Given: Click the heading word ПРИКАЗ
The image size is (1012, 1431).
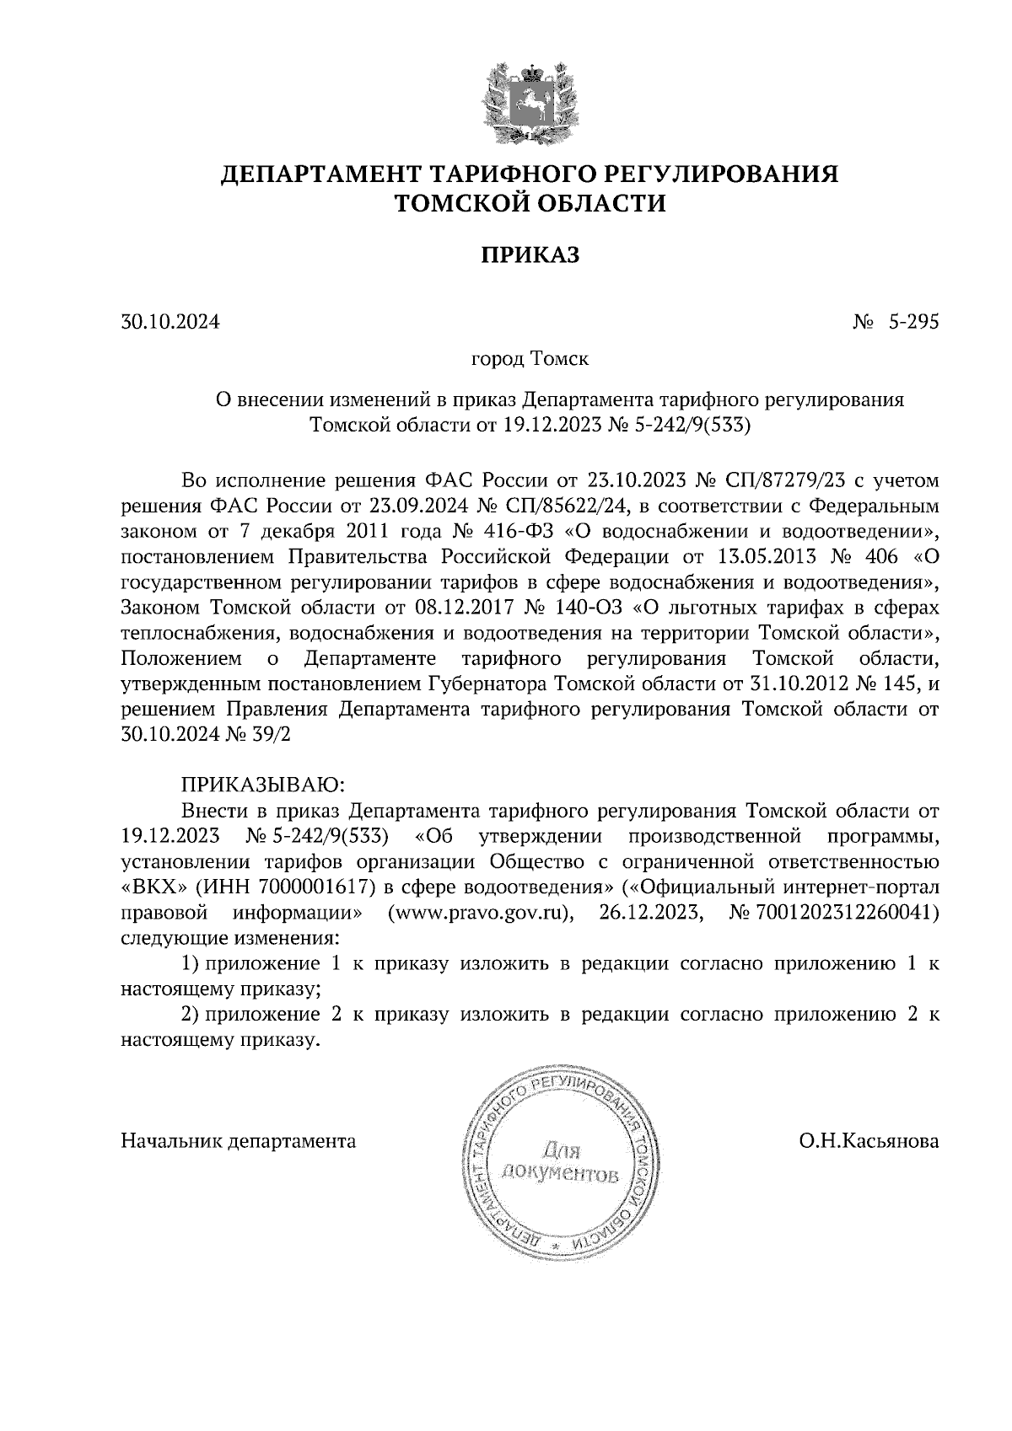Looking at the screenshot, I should tap(530, 255).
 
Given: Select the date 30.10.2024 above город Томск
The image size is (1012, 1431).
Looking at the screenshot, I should tap(170, 321).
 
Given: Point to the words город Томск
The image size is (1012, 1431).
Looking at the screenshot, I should tap(529, 360).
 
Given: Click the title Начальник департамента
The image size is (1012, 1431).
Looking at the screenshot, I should tap(239, 1141).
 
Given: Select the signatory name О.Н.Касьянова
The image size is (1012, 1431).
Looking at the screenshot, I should tap(869, 1141).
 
